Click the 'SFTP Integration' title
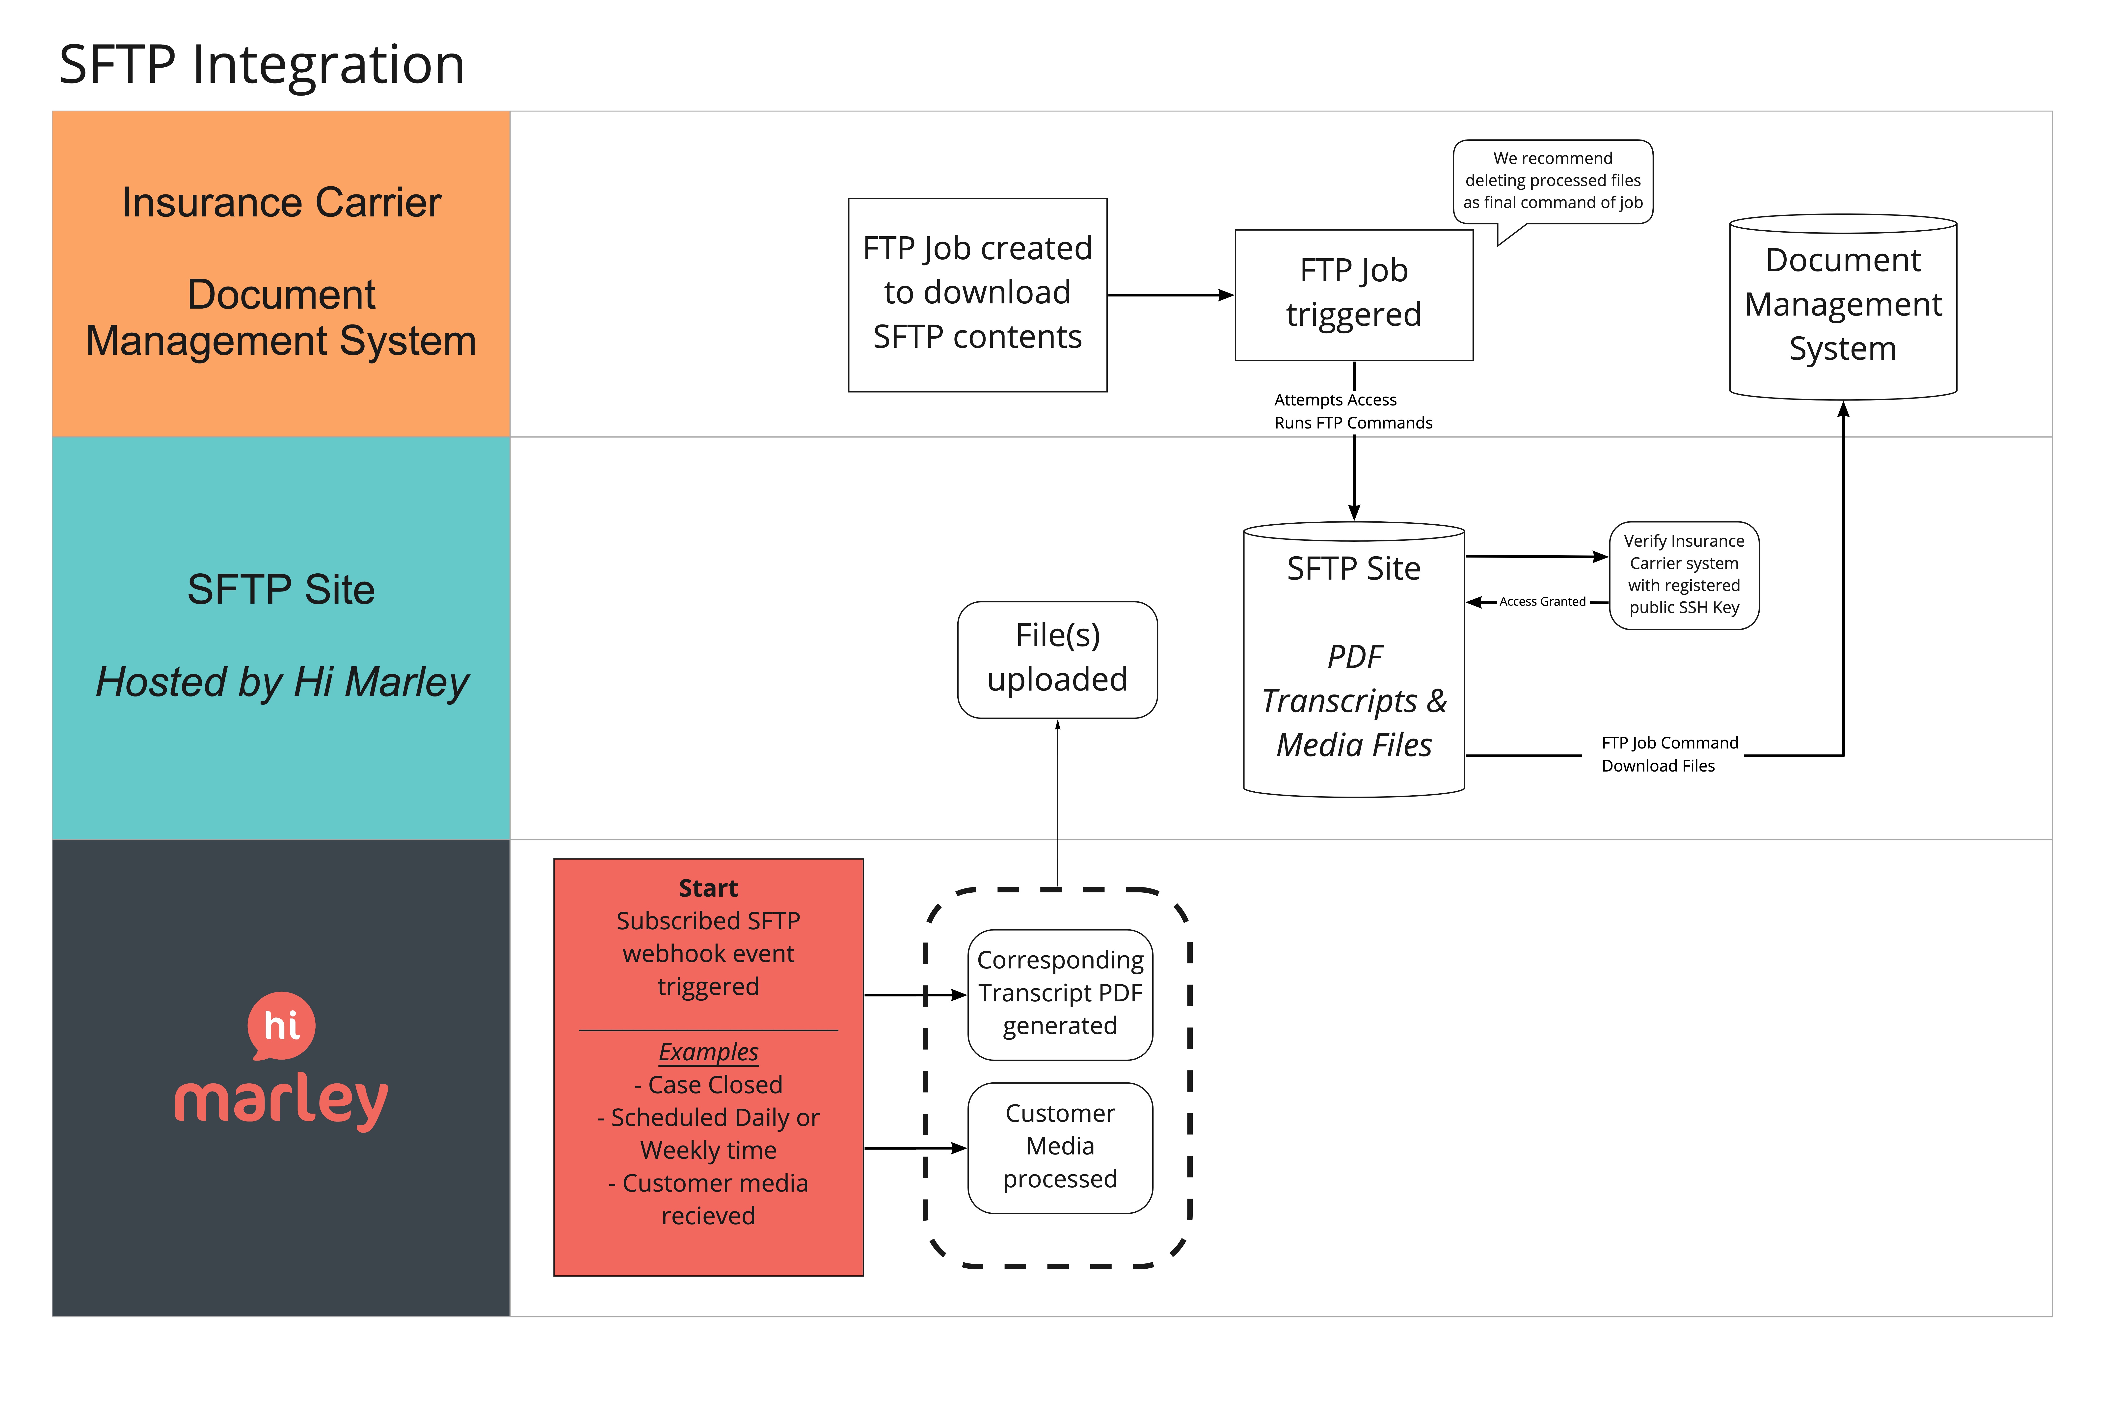[262, 65]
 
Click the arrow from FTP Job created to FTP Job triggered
[1170, 294]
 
